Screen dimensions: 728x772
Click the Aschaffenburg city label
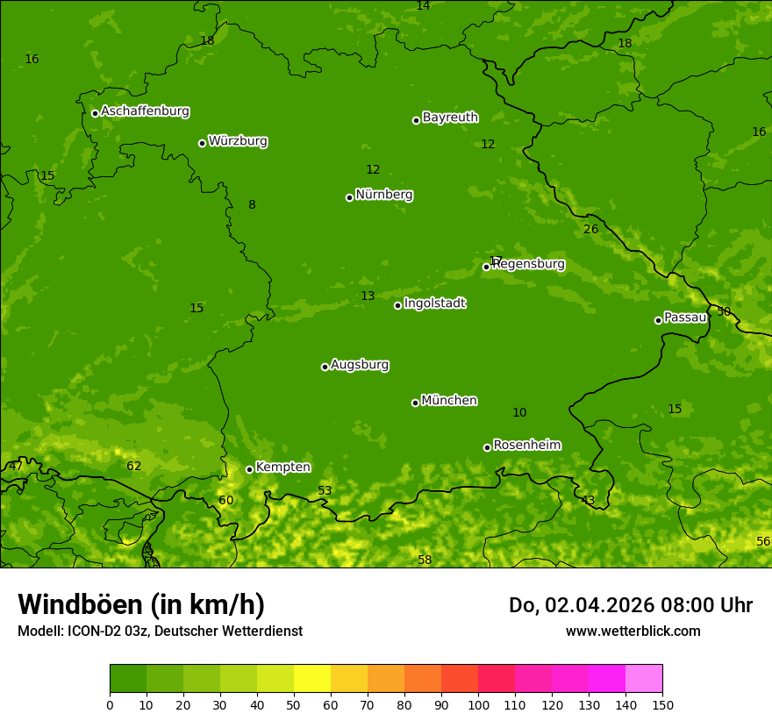145,111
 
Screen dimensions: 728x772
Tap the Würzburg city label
238,141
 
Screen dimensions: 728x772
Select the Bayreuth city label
450,118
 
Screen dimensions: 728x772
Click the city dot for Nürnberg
349,197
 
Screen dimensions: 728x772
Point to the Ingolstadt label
434,303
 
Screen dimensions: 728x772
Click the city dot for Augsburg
325,367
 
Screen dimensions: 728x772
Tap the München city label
449,401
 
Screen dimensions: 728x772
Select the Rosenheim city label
526,446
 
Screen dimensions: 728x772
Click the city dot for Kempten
249,469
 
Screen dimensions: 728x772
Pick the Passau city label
685,318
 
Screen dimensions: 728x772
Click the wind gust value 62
133,467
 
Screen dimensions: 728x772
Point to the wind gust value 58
425,560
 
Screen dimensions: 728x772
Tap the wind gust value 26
591,230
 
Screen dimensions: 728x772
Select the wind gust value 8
252,205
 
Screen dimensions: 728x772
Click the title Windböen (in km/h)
141,604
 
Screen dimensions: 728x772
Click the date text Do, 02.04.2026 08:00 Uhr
630,605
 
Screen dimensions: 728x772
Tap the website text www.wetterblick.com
633,632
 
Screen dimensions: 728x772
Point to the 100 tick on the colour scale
478,705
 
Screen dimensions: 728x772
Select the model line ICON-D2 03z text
160,632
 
